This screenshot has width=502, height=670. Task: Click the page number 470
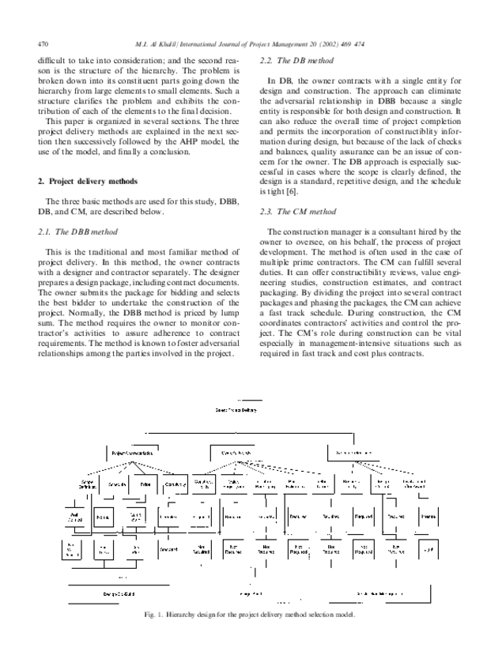pos(43,43)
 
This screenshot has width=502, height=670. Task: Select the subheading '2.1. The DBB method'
pos(77,232)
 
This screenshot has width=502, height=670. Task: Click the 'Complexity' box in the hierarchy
pos(175,484)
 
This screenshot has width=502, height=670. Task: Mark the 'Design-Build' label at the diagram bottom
pos(119,592)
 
